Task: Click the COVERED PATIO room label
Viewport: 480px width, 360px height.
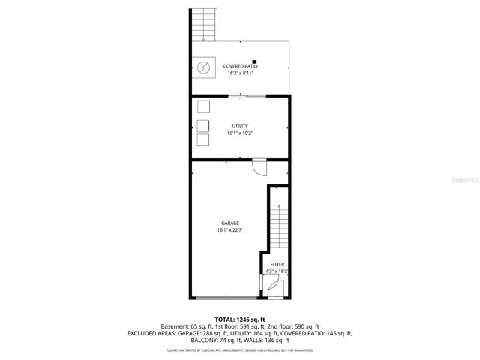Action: pyautogui.click(x=240, y=66)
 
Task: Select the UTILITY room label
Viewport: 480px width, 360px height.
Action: pyautogui.click(x=240, y=126)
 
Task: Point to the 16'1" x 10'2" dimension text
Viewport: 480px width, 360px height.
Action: pyautogui.click(x=240, y=133)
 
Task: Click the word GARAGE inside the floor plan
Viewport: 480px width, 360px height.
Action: pyautogui.click(x=229, y=223)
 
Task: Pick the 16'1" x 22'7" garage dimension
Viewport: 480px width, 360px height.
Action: pyautogui.click(x=229, y=231)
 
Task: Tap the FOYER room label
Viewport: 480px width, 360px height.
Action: pyautogui.click(x=277, y=265)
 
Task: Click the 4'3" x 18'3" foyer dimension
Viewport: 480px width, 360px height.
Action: pyautogui.click(x=277, y=271)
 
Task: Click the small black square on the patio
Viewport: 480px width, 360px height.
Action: pyautogui.click(x=255, y=61)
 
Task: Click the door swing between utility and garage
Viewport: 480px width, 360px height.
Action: pyautogui.click(x=259, y=166)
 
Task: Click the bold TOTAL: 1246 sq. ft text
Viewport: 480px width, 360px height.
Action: pyautogui.click(x=239, y=319)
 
